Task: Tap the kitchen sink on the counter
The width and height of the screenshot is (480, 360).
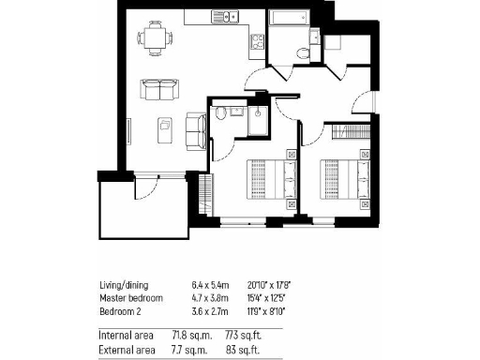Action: coord(203,17)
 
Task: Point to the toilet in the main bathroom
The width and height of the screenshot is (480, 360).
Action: coord(300,53)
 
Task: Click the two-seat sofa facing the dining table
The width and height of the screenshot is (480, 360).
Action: coord(161,89)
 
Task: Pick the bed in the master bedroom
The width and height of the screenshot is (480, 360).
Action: coord(269,175)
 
